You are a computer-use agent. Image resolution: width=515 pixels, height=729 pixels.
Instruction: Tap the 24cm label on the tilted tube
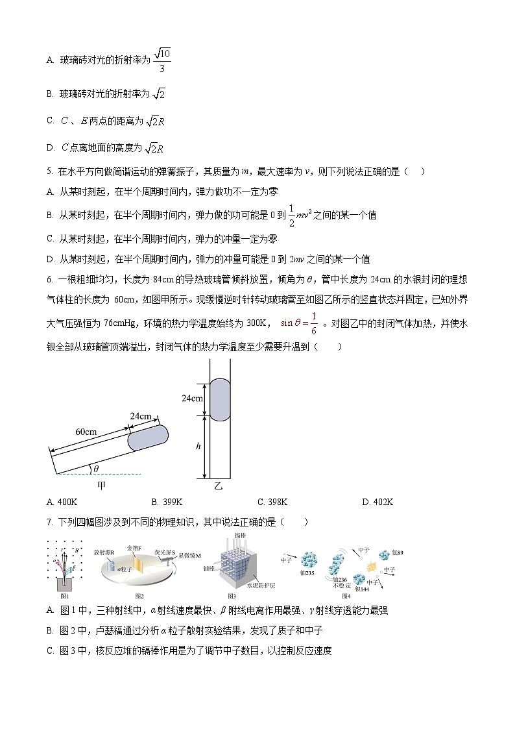point(141,415)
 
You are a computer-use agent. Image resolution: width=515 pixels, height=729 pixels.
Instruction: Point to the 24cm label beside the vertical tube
point(193,398)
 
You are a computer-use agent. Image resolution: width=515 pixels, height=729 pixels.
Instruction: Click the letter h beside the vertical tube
point(198,447)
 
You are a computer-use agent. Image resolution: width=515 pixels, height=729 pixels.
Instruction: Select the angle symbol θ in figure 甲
point(96,469)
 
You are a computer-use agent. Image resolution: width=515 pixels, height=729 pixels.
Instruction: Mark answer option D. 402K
point(377,502)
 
